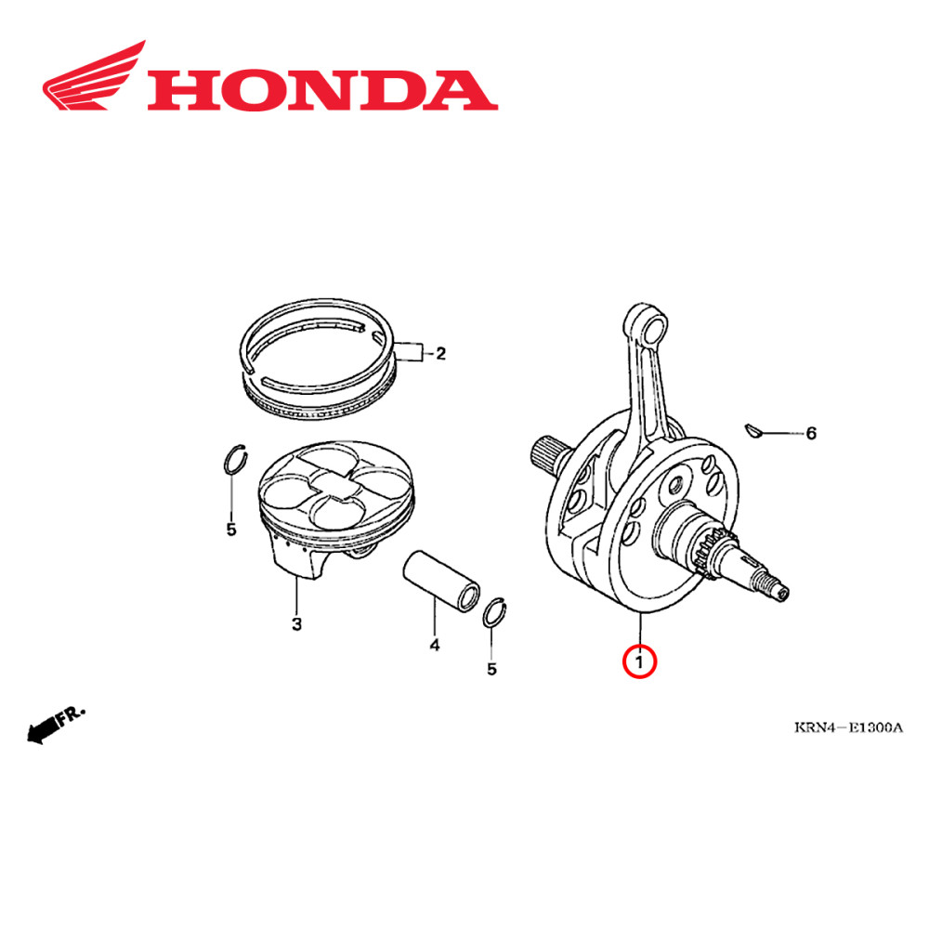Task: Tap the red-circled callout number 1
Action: [x=639, y=662]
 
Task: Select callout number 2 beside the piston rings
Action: [x=440, y=353]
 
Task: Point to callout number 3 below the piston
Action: [x=296, y=623]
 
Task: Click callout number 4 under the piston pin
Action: [x=434, y=644]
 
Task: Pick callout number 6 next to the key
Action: [x=810, y=433]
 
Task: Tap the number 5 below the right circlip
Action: [x=492, y=667]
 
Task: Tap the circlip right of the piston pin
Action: [x=496, y=613]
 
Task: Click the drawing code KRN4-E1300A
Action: [x=848, y=726]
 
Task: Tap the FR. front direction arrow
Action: [x=56, y=724]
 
